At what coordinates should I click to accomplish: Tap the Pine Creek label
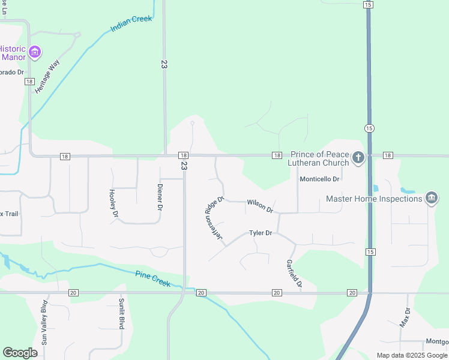point(153,280)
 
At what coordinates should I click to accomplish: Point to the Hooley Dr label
point(112,202)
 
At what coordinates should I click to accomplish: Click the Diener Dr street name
point(160,196)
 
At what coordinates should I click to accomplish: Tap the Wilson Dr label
point(260,206)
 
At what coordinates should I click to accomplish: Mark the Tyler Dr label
point(261,233)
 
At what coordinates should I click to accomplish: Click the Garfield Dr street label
point(294,274)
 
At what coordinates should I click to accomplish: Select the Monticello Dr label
point(320,179)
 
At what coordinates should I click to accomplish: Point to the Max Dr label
point(405,317)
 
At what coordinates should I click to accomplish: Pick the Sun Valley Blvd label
point(44,329)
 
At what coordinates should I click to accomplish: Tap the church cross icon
point(358,158)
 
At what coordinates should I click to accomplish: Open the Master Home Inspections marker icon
point(431,199)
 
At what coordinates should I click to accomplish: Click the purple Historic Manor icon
point(35,53)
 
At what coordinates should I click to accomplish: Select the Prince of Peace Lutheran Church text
point(320,158)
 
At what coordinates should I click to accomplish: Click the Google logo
point(20,353)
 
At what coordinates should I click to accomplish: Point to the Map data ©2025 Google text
point(412,355)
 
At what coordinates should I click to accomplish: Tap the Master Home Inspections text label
point(374,199)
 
